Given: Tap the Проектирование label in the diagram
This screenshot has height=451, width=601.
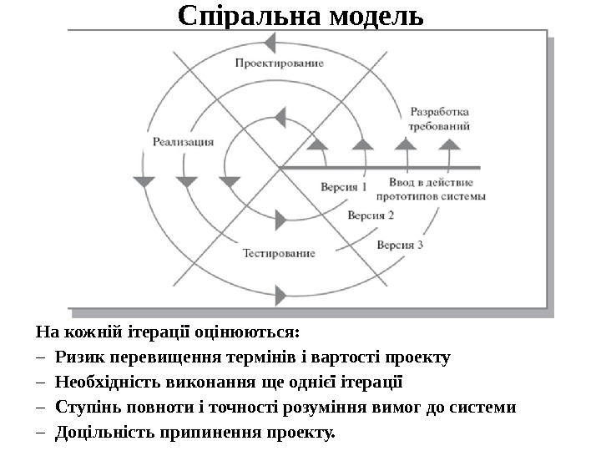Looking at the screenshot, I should (279, 63).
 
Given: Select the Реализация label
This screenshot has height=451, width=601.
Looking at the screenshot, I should (183, 142).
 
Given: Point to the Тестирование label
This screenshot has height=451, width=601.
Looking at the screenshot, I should (279, 252).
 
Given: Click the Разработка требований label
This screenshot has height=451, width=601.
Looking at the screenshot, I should (439, 119).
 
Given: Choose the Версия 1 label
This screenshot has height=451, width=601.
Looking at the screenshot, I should (344, 186).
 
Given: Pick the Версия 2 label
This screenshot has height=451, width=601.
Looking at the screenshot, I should (371, 215).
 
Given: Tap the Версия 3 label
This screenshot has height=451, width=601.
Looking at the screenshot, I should (400, 245).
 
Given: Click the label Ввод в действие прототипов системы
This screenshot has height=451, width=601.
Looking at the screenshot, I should (431, 189).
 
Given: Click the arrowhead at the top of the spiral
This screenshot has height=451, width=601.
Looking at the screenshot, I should (279, 44).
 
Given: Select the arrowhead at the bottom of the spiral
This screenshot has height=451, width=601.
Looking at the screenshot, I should (280, 291).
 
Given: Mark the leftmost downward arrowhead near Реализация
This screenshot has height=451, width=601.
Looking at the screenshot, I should (144, 180).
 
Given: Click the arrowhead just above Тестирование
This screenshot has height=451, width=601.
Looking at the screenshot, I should (280, 220).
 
